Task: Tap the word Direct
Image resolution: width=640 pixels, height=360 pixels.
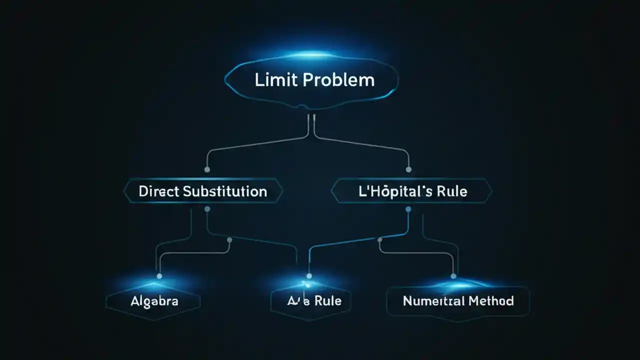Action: (x=158, y=191)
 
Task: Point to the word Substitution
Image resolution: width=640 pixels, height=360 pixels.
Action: (x=225, y=191)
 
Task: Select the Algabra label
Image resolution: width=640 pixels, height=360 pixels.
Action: (x=154, y=301)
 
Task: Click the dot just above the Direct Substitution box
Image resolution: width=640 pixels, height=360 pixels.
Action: (x=207, y=170)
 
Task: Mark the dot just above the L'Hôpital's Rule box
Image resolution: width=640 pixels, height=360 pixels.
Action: (x=408, y=170)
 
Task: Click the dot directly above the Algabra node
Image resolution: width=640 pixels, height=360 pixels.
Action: (x=159, y=275)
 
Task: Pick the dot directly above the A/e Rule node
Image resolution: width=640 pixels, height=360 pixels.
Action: (x=308, y=275)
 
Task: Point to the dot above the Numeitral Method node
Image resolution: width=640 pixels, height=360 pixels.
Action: (x=453, y=275)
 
